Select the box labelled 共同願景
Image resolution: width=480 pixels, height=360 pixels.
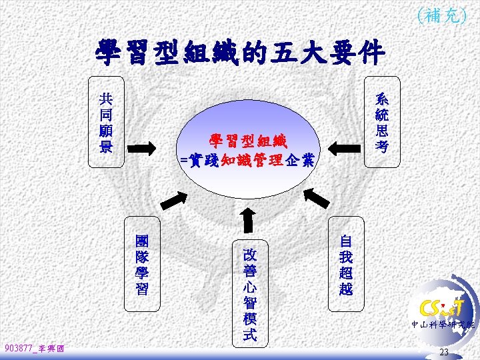pyautogui.click(x=105, y=123)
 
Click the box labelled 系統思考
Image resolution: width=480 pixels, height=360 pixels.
pyautogui.click(x=381, y=123)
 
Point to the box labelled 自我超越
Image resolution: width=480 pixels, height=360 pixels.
pyautogui.click(x=346, y=265)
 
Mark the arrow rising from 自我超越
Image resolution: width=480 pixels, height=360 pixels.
pyautogui.click(x=317, y=197)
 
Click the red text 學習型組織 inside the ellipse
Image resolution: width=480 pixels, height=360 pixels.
pyautogui.click(x=247, y=141)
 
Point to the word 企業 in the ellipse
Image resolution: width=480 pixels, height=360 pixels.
pyautogui.click(x=302, y=160)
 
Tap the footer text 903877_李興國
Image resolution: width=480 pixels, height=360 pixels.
pyautogui.click(x=33, y=348)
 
